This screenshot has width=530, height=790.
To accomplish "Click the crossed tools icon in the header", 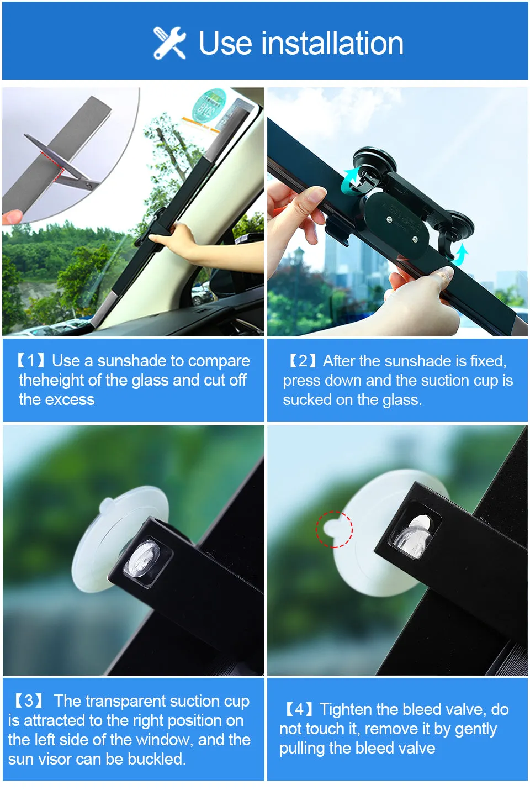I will coord(169,43).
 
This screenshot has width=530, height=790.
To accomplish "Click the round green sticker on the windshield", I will coord(209,106).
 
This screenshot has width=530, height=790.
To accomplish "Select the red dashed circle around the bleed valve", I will coord(334,529).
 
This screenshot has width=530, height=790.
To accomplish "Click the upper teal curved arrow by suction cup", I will coord(351,180).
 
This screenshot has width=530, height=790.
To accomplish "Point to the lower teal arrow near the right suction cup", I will coord(460,255).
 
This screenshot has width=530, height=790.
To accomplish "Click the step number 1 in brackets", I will coord(31,361).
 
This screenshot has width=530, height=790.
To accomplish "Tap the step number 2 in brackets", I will coord(303,361).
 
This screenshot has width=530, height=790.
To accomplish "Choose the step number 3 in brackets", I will coord(28,701).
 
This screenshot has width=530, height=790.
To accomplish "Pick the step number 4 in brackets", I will coord(299,709).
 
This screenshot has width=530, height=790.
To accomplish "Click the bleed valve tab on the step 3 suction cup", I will coord(107,505).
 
